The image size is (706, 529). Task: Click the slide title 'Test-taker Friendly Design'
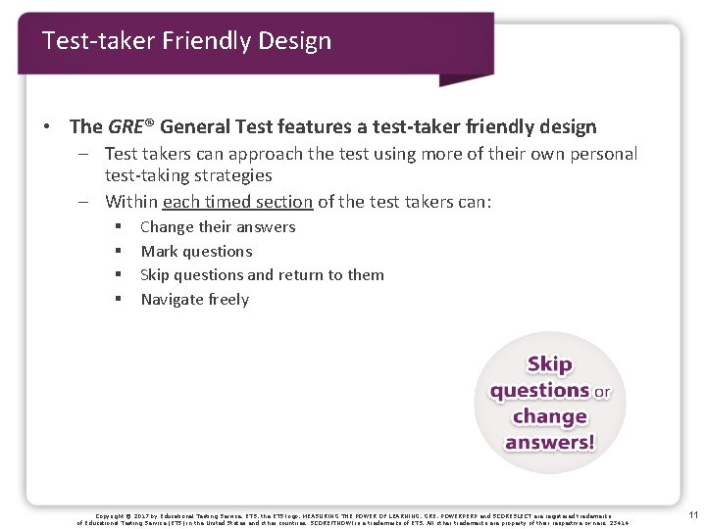point(186,41)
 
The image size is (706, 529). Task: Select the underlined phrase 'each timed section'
point(237,202)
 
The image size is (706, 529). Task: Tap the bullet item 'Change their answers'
point(218,227)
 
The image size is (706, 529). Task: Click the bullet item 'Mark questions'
point(196,251)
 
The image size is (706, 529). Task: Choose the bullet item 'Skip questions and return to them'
point(262,275)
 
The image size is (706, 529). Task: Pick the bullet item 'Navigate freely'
point(194,300)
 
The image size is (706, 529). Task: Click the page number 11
point(692,515)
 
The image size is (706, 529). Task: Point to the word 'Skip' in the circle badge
point(549,364)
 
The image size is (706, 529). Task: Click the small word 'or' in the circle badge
point(601,392)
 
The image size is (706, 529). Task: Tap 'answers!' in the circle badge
point(549,442)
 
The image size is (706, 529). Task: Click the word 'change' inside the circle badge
point(549,416)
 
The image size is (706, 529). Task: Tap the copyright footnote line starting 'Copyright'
point(353,515)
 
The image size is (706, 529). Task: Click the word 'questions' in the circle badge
point(539,391)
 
